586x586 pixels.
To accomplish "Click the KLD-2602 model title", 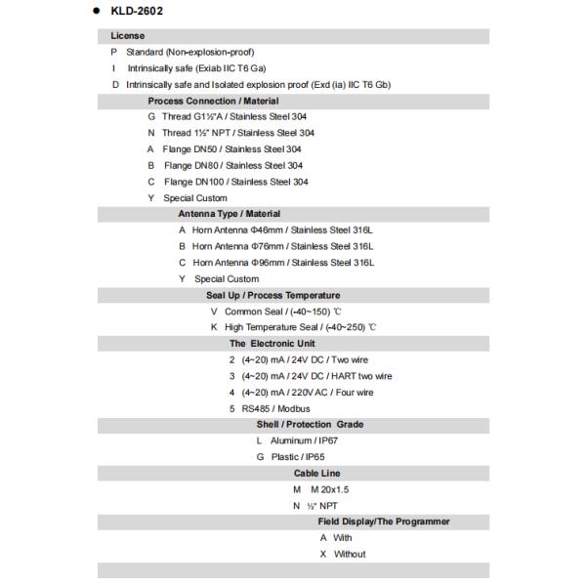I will click(x=136, y=12).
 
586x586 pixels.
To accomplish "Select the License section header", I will click(x=128, y=35).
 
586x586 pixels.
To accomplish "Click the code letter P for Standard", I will click(x=114, y=52).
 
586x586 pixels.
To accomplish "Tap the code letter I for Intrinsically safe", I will click(x=114, y=68).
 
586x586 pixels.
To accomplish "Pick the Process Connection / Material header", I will click(x=213, y=101).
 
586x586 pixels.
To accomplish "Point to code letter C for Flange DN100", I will click(x=151, y=182).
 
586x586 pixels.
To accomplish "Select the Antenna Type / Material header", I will click(x=229, y=214).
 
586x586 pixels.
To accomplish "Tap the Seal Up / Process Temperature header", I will click(x=272, y=295).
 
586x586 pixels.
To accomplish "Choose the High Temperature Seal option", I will click(x=300, y=327).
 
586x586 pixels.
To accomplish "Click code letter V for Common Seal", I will click(x=214, y=311).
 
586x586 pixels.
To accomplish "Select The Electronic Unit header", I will click(x=272, y=344).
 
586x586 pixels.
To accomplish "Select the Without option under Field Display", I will click(x=349, y=554).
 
